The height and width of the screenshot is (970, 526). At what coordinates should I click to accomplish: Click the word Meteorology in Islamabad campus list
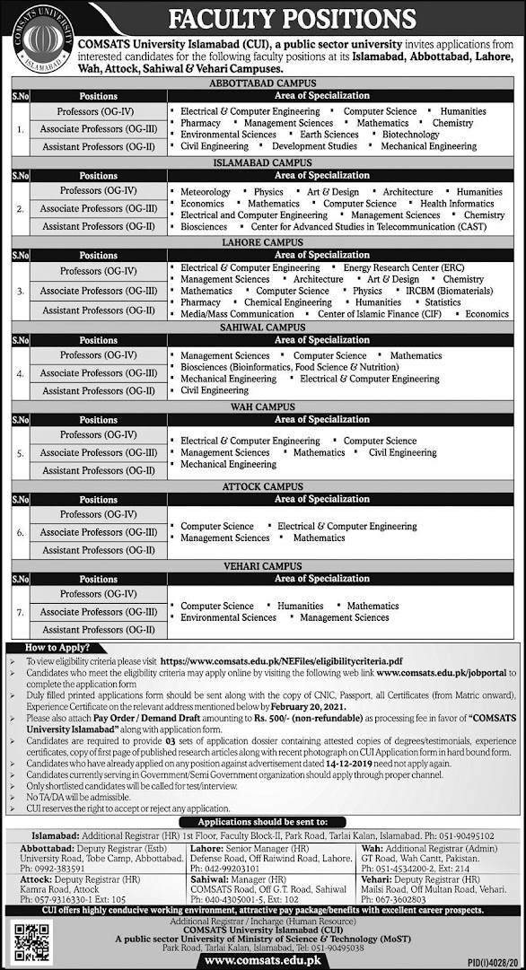tap(206, 192)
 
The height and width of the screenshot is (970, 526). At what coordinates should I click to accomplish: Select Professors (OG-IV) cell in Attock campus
tap(98, 514)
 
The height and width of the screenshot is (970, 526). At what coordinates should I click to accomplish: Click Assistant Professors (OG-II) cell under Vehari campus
tap(98, 630)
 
